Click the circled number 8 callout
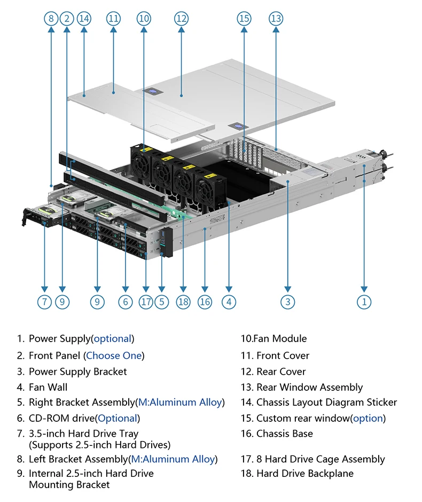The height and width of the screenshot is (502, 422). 51,19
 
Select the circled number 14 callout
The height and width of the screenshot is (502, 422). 84,19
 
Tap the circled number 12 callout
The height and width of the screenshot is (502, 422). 181,19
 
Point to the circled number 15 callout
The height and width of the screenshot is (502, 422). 244,19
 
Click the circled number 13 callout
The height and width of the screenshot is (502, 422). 276,19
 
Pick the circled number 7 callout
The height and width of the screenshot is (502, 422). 44,302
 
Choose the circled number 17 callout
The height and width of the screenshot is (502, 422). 146,302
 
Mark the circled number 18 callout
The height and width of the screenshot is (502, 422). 183,302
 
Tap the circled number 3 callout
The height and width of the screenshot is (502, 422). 288,302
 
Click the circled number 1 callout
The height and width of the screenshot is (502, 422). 364,302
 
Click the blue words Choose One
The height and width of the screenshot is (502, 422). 114,356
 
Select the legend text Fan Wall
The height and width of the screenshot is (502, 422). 48,387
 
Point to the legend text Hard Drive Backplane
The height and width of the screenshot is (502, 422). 304,474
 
